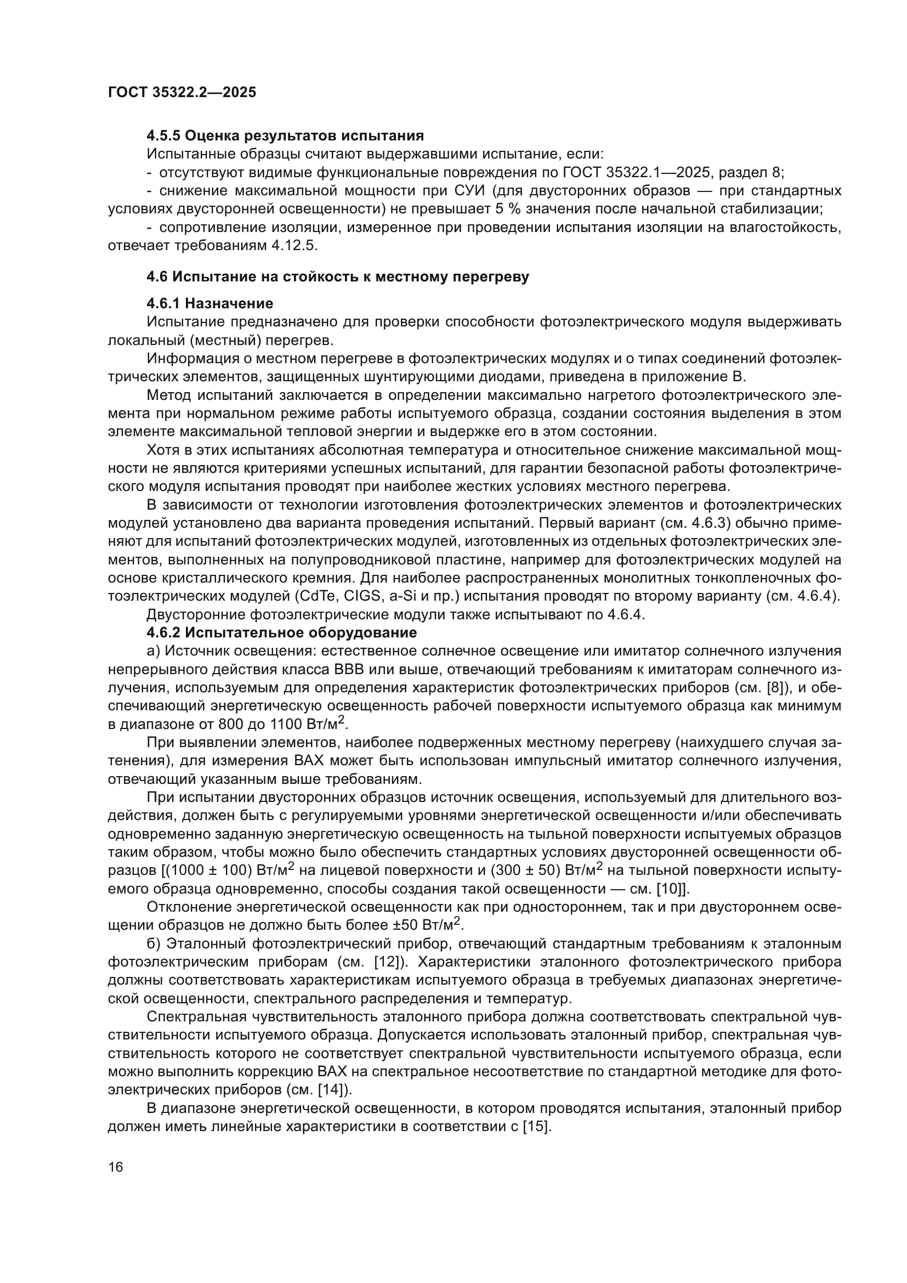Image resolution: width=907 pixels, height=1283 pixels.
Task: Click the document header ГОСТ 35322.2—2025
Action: [x=182, y=93]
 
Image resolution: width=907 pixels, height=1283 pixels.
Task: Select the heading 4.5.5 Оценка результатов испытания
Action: [x=285, y=136]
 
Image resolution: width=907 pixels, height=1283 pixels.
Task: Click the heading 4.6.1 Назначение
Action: [x=209, y=303]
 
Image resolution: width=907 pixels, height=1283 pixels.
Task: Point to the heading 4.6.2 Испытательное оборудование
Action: [x=281, y=632]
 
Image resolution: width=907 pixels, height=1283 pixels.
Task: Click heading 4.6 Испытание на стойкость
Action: [x=337, y=276]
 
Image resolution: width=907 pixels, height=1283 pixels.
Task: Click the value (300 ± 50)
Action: [x=525, y=870]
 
